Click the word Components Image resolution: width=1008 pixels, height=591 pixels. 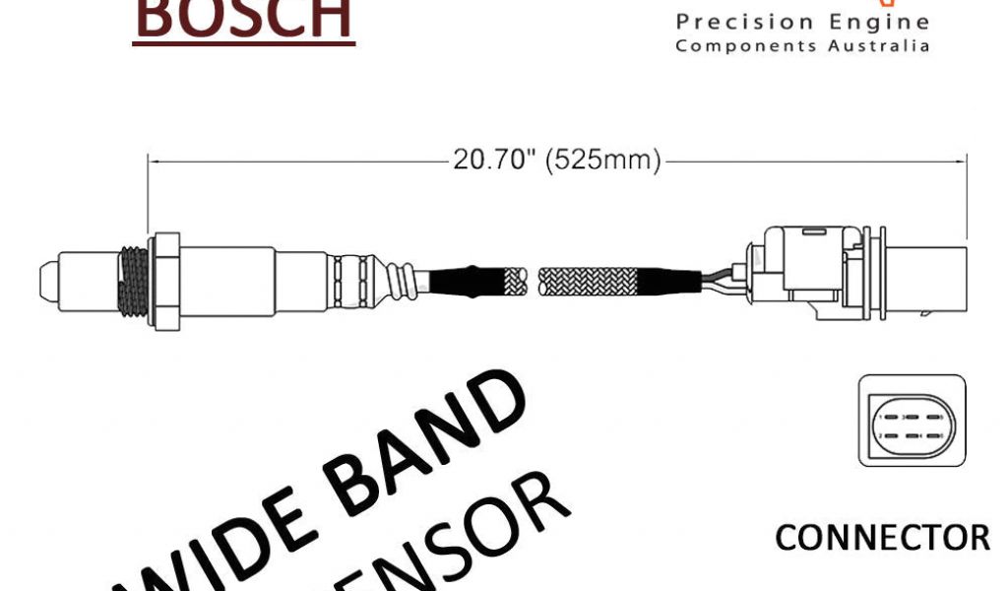(x=749, y=46)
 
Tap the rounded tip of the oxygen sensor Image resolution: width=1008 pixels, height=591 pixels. (x=47, y=280)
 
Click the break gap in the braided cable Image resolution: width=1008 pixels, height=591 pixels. (x=535, y=281)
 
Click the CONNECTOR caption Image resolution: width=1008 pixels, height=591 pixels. (x=882, y=538)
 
